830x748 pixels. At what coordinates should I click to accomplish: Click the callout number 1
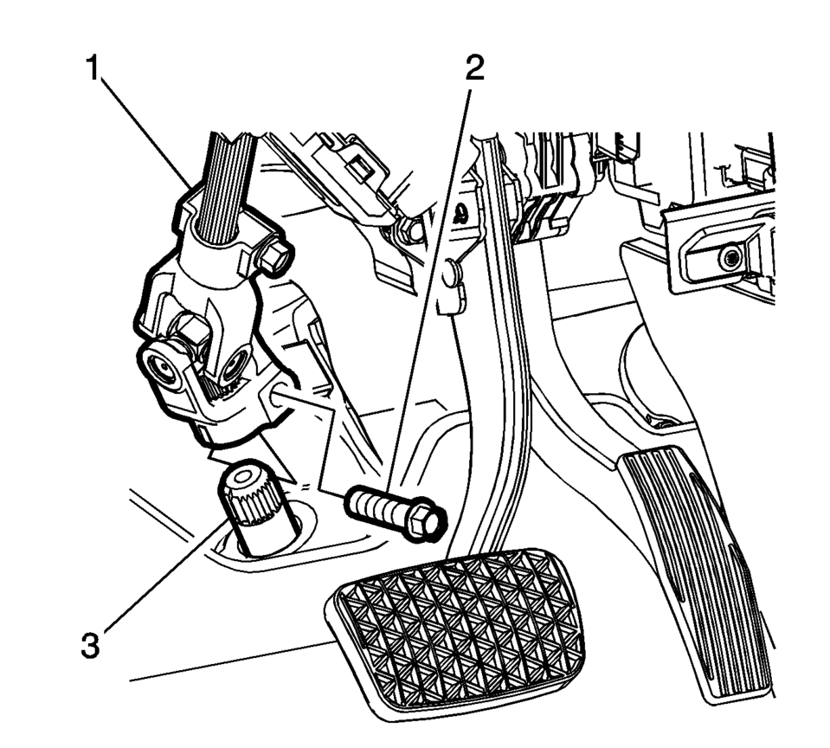pos(93,68)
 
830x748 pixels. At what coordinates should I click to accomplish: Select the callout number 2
pos(474,68)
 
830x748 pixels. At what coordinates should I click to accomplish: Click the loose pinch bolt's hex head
pos(426,520)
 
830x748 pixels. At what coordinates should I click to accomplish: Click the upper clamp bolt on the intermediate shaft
pos(273,258)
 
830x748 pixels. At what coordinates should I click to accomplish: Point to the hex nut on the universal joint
pos(189,332)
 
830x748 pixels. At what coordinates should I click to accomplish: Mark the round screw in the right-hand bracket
pos(730,258)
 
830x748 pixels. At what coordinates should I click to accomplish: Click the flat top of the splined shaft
pos(242,476)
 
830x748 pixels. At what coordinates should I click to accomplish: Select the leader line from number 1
pos(146,132)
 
